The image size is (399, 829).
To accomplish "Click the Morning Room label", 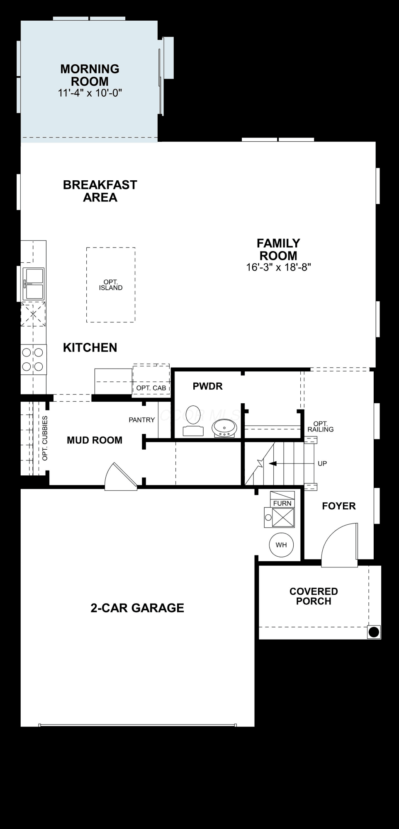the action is point(90,75).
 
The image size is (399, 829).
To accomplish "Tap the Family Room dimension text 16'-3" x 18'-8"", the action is point(278,267).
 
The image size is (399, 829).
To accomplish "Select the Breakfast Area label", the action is point(100,191).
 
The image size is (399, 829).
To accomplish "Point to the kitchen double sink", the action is point(34,284).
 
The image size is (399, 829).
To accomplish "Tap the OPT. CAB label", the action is point(151,388).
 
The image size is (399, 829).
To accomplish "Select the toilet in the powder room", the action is point(193,420).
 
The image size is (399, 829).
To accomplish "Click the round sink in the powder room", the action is point(224,428).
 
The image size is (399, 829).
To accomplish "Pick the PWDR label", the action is point(208,386).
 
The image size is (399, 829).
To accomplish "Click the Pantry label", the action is point(142,420).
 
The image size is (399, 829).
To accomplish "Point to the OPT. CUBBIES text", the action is point(45,438).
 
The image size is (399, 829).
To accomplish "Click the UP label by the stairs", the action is point(322,463).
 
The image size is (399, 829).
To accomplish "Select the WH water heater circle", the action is point(281,545).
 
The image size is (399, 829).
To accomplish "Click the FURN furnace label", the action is point(282,503).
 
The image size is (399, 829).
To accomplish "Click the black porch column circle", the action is point(374,632).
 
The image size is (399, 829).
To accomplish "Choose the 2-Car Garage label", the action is point(137,608).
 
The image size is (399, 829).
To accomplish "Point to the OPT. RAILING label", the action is point(321,427).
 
